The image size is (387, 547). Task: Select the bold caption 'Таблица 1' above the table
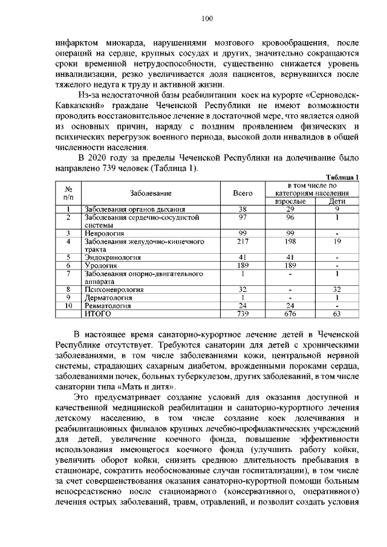coord(342,176)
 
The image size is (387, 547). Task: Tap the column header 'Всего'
coord(242,193)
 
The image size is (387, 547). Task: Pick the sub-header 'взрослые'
coord(290,201)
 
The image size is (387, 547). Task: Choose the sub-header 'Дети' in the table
coord(337,201)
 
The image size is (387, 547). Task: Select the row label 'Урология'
coord(101,265)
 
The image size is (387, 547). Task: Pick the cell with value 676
coord(290,314)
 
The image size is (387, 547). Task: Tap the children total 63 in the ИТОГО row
coord(337,314)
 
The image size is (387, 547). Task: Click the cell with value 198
coord(290,241)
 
